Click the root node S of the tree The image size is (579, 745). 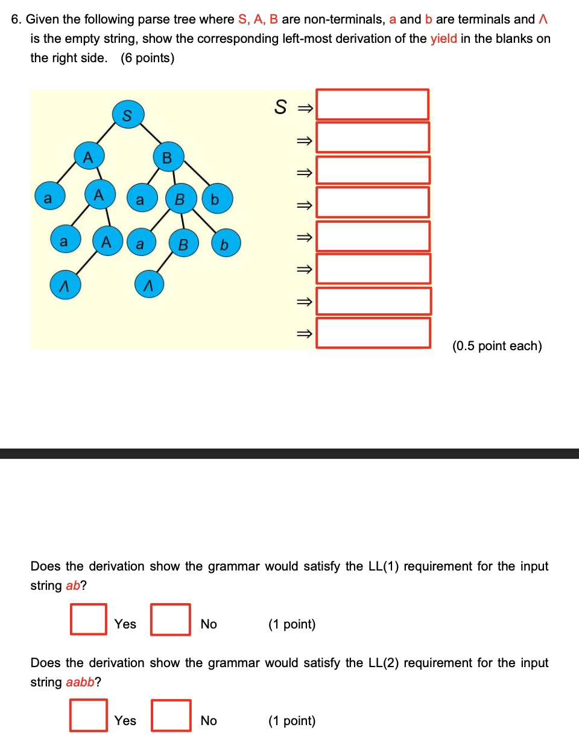128,115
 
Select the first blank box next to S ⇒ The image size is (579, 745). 372,104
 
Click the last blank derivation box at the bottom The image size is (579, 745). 373,333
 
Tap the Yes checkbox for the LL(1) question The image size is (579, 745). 89,619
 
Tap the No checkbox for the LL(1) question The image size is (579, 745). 171,619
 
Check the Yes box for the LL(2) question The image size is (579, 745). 89,715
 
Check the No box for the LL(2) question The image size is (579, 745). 171,715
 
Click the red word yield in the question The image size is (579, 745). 443,39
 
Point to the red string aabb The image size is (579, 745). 80,682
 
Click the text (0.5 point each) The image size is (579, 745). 497,346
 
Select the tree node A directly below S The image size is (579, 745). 89,156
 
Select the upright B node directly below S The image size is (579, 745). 168,157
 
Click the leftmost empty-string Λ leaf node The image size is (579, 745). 65,285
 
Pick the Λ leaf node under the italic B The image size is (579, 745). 149,285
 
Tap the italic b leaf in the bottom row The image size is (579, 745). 226,244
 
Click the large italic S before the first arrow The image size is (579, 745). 280,107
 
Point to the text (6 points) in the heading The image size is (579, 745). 147,58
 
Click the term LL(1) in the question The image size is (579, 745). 384,566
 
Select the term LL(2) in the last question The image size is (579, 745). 384,663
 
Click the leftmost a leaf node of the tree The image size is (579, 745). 49,197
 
